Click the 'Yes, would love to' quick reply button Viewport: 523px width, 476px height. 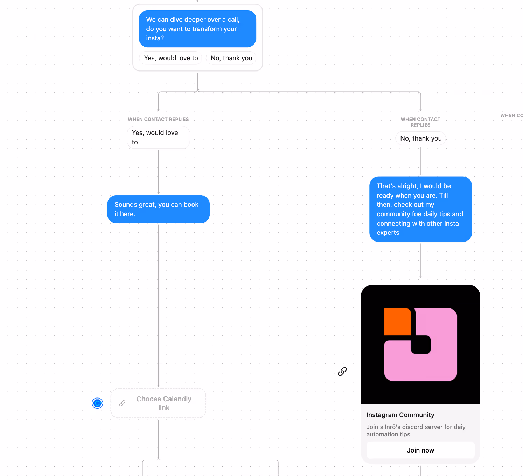pyautogui.click(x=171, y=58)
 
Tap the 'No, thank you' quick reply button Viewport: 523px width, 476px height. pyautogui.click(x=231, y=58)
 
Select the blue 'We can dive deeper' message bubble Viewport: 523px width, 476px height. pyautogui.click(x=197, y=29)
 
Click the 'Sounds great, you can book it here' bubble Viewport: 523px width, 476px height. pyautogui.click(x=158, y=209)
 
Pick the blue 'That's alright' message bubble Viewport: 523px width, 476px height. pyautogui.click(x=420, y=209)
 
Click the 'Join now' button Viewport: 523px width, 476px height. pyautogui.click(x=420, y=450)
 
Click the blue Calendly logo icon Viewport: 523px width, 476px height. pyautogui.click(x=97, y=403)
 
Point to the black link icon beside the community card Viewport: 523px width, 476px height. pyautogui.click(x=342, y=372)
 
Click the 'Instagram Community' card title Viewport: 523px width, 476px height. pyautogui.click(x=400, y=415)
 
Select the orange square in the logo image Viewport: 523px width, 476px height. pyautogui.click(x=397, y=321)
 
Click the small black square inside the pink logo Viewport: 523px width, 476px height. pyautogui.click(x=421, y=345)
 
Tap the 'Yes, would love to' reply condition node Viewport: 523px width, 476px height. pyautogui.click(x=158, y=137)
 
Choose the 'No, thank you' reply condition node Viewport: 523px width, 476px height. pyautogui.click(x=420, y=138)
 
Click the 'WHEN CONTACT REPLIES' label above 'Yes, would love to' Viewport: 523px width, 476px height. pyautogui.click(x=158, y=120)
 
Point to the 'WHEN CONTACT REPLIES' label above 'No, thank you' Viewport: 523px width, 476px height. pyautogui.click(x=420, y=122)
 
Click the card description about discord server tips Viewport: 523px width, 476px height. pyautogui.click(x=416, y=430)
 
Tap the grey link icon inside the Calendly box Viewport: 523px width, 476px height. pyautogui.click(x=122, y=403)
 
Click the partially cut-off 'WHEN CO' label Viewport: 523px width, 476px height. pyautogui.click(x=511, y=115)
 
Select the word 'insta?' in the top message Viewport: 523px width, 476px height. pyautogui.click(x=155, y=38)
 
